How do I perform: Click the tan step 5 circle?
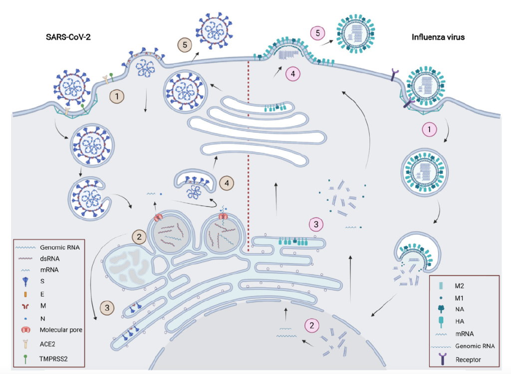click(185, 44)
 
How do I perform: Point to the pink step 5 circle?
click(318, 33)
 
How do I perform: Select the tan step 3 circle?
click(108, 308)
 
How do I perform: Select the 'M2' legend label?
click(459, 286)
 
